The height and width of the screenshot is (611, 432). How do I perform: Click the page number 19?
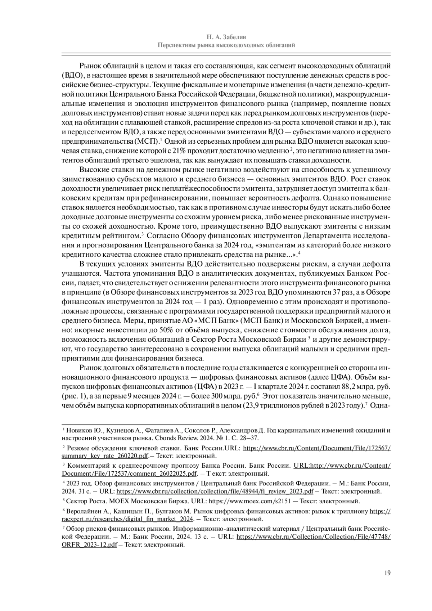click(387, 572)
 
